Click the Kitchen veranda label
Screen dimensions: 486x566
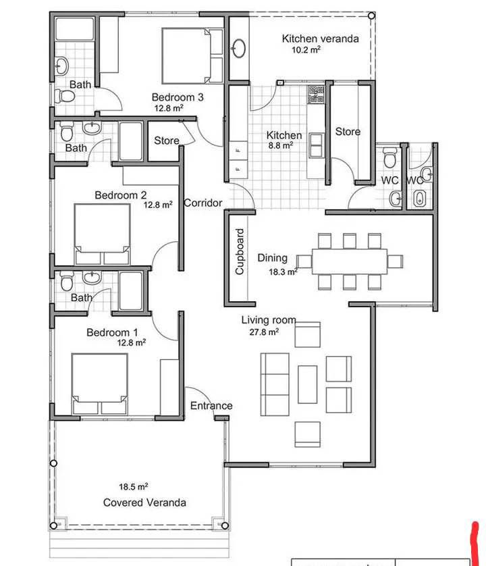coord(320,38)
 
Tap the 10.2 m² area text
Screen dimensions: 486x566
coord(306,50)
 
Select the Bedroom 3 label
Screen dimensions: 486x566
coord(178,97)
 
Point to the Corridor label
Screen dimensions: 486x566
coord(203,203)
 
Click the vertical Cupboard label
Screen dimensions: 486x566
coord(240,252)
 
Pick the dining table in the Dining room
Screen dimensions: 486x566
coord(349,261)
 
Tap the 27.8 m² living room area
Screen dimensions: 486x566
coord(264,332)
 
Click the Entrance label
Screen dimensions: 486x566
coord(211,406)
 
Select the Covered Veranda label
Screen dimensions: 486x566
coord(144,503)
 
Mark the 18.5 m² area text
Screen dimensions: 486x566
coord(134,486)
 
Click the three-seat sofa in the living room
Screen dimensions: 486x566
coord(275,384)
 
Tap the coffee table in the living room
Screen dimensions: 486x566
coord(307,384)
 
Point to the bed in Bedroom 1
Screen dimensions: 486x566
coord(100,384)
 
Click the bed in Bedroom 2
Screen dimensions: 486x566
coord(102,234)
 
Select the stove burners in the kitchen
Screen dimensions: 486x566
coord(316,94)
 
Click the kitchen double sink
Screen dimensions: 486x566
coord(316,145)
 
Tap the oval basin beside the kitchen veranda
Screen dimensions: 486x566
coord(238,49)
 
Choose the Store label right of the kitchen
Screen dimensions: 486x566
coord(348,132)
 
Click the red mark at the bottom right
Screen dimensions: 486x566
coord(475,544)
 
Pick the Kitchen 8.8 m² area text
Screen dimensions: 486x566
coord(280,145)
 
